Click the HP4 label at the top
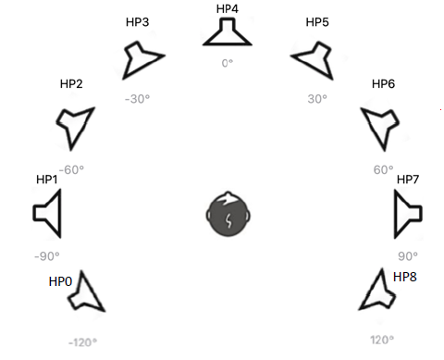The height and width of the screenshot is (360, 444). pyautogui.click(x=228, y=8)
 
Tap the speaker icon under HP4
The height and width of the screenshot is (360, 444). pyautogui.click(x=227, y=33)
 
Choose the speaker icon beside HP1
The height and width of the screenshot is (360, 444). pyautogui.click(x=48, y=213)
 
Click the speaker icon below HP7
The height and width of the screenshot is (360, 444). pyautogui.click(x=408, y=212)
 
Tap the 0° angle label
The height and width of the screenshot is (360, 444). pyautogui.click(x=228, y=63)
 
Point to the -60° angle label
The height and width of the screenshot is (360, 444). pyautogui.click(x=70, y=169)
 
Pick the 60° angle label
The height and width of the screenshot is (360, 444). pyautogui.click(x=383, y=169)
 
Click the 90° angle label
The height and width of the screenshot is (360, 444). pyautogui.click(x=408, y=256)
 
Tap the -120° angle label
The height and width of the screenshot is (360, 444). pyautogui.click(x=82, y=341)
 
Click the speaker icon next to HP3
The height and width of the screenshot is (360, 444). pyautogui.click(x=144, y=59)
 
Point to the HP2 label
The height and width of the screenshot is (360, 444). pyautogui.click(x=71, y=84)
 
